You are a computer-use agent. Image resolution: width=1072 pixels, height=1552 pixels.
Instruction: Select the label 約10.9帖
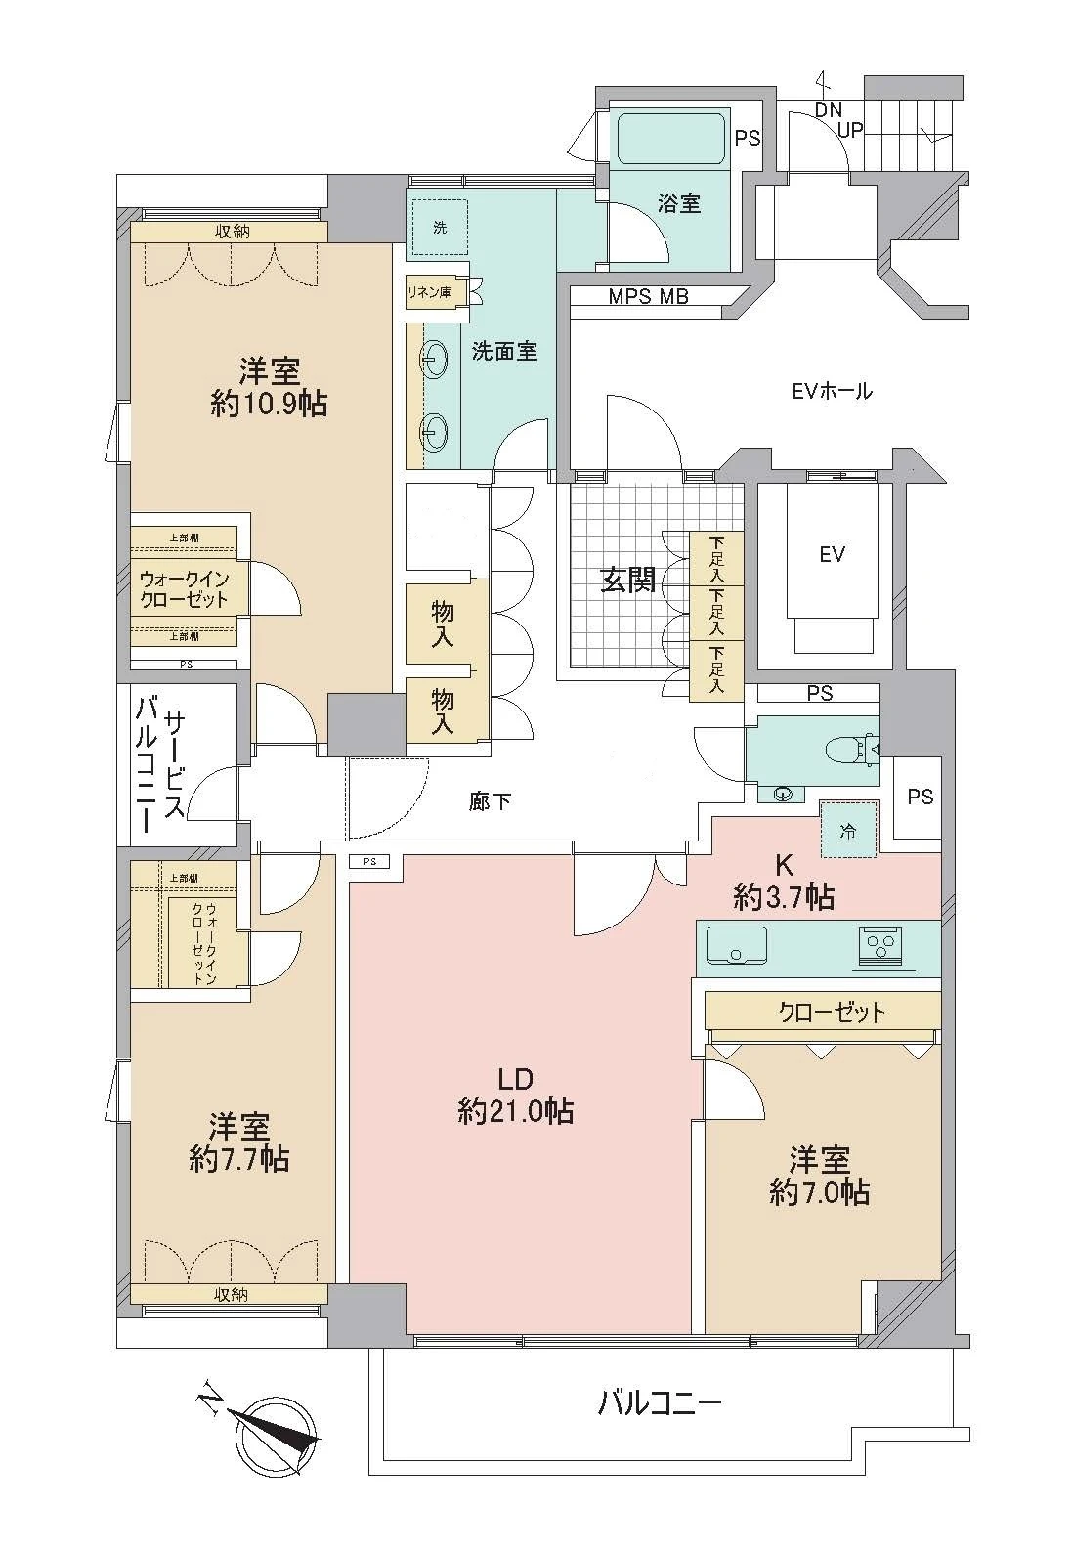pyautogui.click(x=269, y=404)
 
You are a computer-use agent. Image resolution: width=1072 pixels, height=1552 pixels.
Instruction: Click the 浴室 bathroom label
pyautogui.click(x=678, y=204)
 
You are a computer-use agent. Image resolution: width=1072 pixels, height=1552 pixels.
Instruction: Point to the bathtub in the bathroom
pyautogui.click(x=670, y=138)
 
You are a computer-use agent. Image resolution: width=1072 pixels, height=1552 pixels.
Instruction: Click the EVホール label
pyautogui.click(x=832, y=392)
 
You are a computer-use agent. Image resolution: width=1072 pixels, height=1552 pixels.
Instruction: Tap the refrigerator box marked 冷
pyautogui.click(x=848, y=831)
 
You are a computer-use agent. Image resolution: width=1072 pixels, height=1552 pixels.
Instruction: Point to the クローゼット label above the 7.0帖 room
pyautogui.click(x=832, y=1011)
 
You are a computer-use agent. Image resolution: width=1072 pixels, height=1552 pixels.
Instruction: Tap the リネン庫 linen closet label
pyautogui.click(x=431, y=292)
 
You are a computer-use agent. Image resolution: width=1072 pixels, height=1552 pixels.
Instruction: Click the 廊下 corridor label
pyautogui.click(x=490, y=802)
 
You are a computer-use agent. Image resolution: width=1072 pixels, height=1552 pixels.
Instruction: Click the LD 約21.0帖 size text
pyautogui.click(x=515, y=1110)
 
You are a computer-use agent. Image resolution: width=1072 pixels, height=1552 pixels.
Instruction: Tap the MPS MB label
pyautogui.click(x=649, y=296)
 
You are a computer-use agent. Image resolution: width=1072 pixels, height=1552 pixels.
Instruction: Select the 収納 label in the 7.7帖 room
pyautogui.click(x=231, y=1294)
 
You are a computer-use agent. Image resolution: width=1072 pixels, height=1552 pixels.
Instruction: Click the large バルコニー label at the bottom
pyautogui.click(x=660, y=1405)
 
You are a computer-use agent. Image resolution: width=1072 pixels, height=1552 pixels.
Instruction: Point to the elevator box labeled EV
pyautogui.click(x=832, y=555)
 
